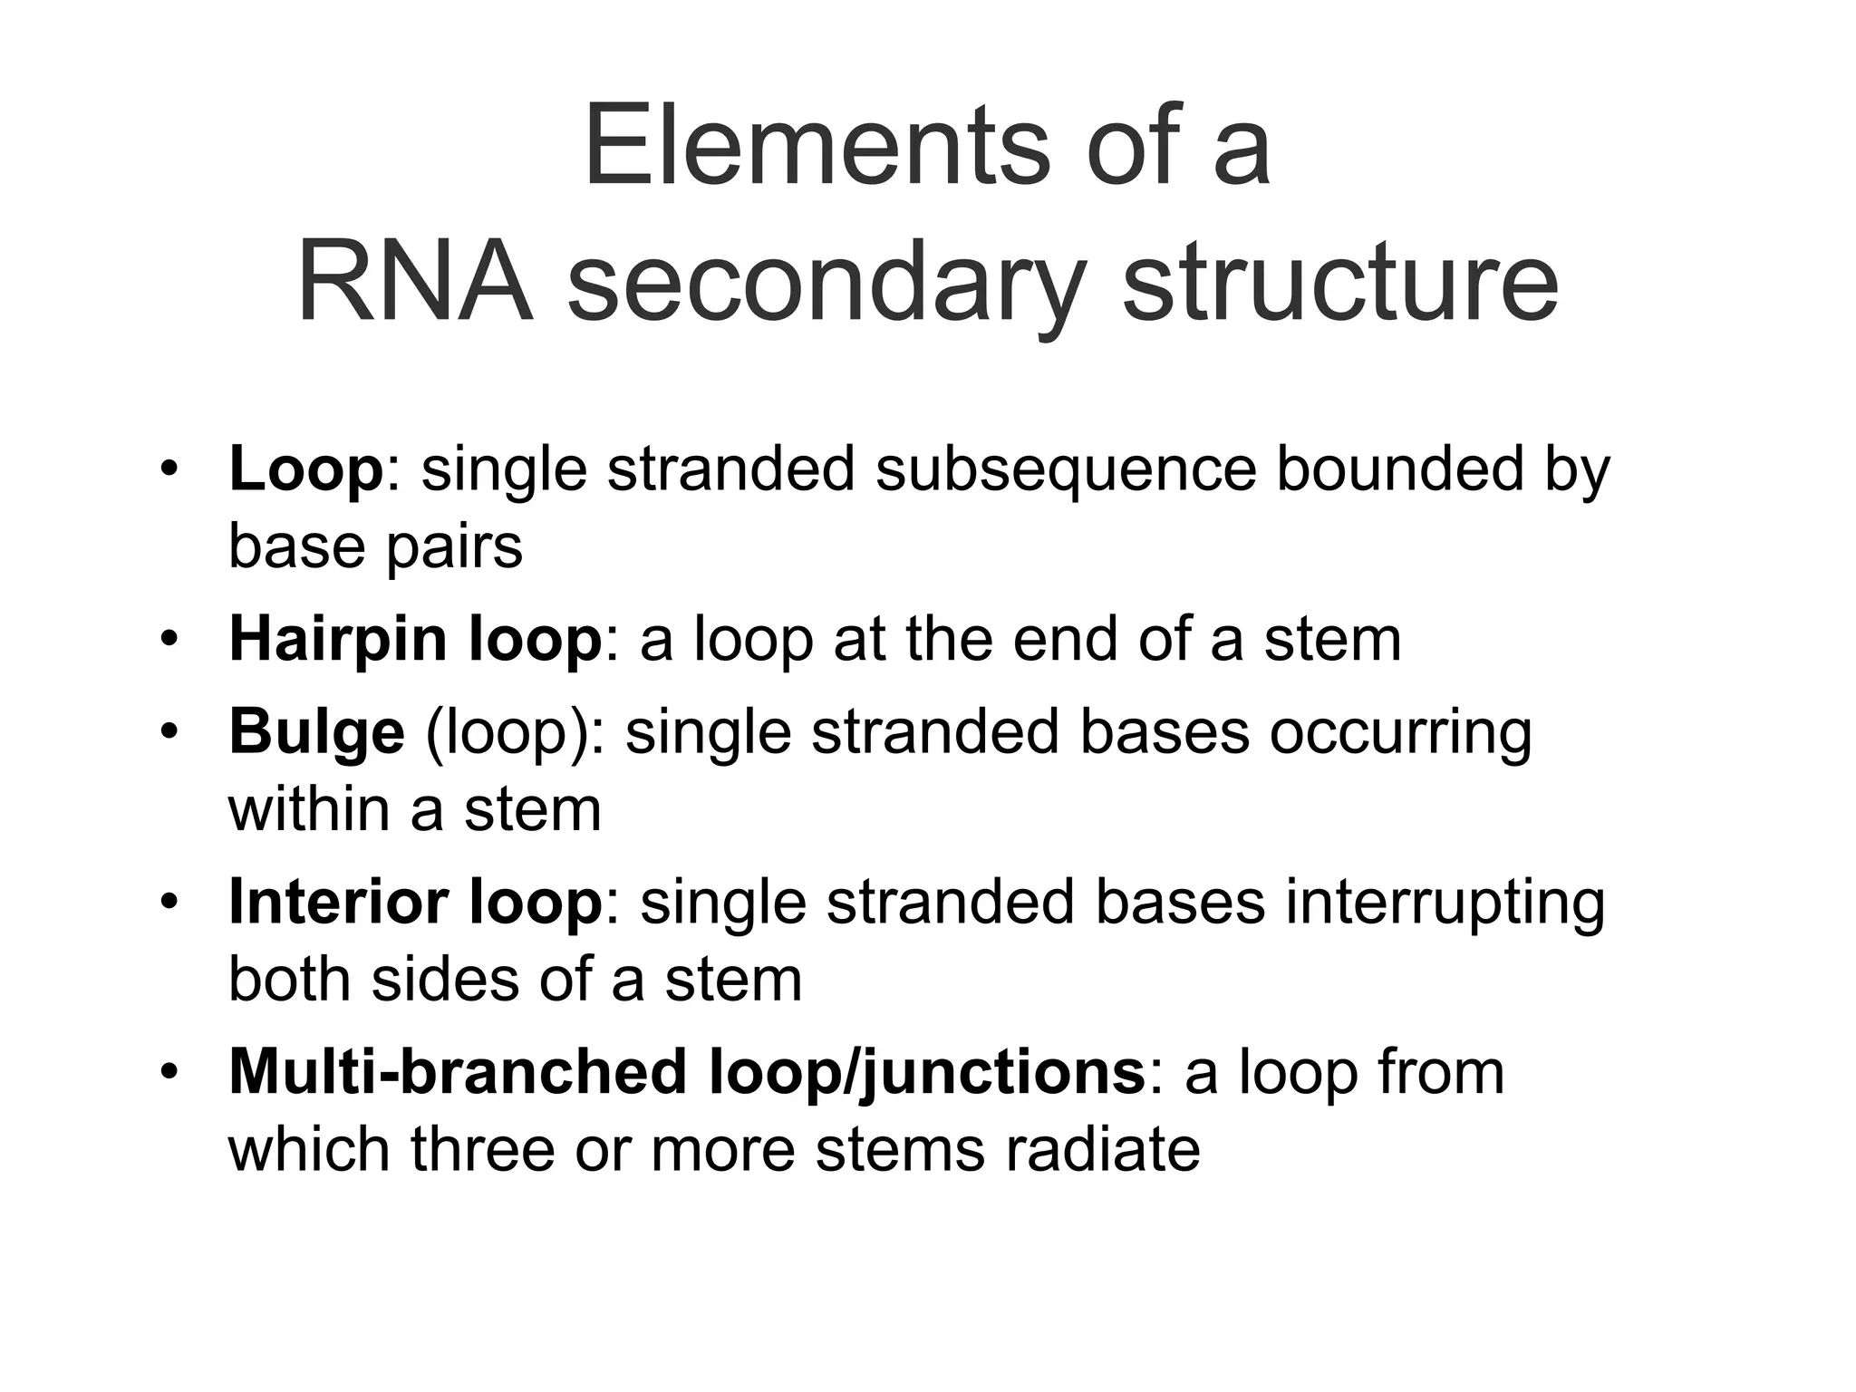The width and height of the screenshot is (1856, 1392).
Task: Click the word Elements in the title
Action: [x=817, y=147]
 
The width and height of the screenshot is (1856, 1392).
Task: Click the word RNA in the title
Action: [x=414, y=282]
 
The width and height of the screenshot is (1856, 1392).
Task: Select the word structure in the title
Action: [x=1339, y=282]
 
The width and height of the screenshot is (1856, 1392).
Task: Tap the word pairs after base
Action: [x=454, y=549]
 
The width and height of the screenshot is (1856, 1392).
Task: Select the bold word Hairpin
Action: [x=338, y=641]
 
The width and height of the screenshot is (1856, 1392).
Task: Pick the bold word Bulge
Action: [x=316, y=732]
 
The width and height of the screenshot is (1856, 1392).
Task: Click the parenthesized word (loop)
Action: [x=515, y=733]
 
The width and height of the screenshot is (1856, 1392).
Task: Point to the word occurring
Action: [x=1400, y=733]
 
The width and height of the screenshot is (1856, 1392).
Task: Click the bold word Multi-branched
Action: [x=459, y=1073]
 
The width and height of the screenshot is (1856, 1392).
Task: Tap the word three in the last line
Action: [x=481, y=1150]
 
